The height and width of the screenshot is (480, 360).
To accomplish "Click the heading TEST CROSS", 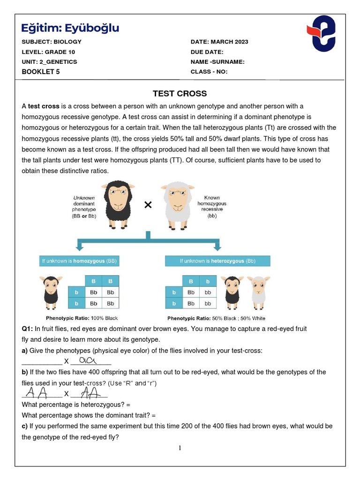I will pos(180,93).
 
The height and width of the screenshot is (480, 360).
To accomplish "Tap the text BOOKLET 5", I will pos(41,72).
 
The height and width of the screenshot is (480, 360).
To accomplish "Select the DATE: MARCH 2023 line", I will pos(219,42).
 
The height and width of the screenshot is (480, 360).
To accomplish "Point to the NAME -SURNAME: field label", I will pos(217,62).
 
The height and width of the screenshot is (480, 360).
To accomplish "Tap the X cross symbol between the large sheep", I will pos(148,205).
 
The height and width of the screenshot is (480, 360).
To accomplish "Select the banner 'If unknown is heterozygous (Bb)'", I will pos(217,261).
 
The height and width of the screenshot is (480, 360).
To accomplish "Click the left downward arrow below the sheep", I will pos(80,245).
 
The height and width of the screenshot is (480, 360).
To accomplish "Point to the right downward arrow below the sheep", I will pos(217,245).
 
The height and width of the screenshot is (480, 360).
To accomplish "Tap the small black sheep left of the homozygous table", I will pos(51,291).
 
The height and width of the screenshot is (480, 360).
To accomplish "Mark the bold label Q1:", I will pos(27,329).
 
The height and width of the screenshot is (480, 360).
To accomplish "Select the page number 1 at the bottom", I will pos(180,448).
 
